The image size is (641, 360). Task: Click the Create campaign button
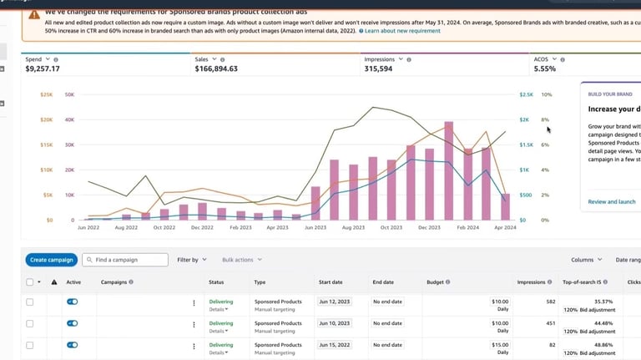[x=51, y=260]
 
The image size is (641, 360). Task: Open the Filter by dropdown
[x=191, y=260]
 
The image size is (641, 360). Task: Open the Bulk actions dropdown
[x=241, y=260]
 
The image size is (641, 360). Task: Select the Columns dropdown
[x=586, y=260]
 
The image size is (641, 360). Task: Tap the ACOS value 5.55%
[x=544, y=68]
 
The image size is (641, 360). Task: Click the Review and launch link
[x=612, y=201]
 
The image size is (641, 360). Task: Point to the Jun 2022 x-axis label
[x=88, y=227]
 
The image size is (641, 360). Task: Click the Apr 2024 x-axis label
[x=505, y=227]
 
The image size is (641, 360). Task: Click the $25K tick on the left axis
[x=47, y=94]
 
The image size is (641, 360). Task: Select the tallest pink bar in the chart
[x=449, y=170]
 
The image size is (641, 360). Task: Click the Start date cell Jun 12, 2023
[x=337, y=302]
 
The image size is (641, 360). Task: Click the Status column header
[x=216, y=282]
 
